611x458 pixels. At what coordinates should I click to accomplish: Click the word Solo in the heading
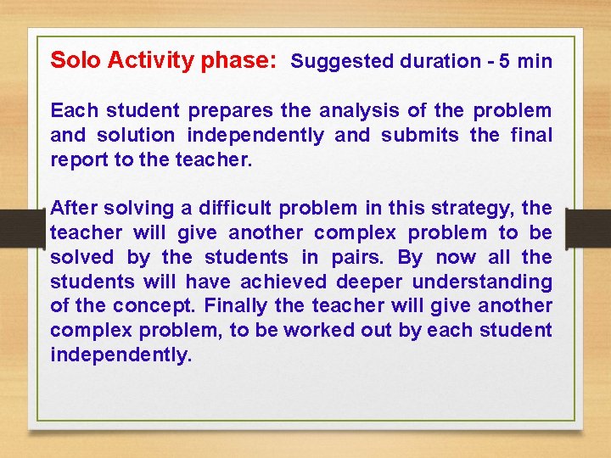(x=73, y=60)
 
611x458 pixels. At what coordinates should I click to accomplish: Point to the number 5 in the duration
(x=505, y=61)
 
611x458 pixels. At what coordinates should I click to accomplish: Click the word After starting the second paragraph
(x=74, y=208)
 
